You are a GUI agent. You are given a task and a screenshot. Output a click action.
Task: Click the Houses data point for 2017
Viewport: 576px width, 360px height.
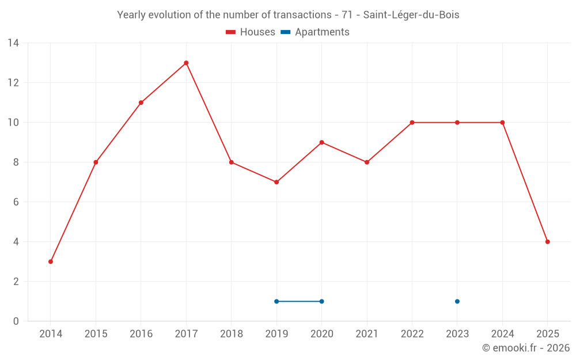coord(186,63)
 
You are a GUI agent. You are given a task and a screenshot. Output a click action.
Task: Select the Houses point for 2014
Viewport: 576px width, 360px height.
coord(51,262)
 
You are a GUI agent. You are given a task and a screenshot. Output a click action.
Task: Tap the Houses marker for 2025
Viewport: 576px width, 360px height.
coord(547,242)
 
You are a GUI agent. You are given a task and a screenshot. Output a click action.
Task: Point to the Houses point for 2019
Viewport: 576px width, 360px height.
coord(276,182)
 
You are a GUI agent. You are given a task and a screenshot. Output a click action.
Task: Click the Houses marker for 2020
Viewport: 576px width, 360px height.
coord(321,142)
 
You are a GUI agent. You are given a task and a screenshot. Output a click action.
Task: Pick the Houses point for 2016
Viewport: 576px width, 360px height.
coord(141,103)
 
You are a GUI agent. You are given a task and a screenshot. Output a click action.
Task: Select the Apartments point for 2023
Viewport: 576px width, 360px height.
coord(457,301)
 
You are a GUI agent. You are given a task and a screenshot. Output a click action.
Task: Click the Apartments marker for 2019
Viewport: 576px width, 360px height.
coord(276,301)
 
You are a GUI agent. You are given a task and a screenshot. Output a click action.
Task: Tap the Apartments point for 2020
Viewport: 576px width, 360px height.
coord(321,301)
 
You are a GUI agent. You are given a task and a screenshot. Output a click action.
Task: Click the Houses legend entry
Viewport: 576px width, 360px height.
coord(251,32)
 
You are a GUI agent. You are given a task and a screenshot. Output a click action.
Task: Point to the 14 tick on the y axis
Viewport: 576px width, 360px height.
coord(13,43)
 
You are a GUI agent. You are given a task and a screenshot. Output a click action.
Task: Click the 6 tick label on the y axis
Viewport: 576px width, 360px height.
coord(16,202)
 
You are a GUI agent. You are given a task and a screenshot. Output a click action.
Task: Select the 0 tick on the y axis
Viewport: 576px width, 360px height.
coord(16,321)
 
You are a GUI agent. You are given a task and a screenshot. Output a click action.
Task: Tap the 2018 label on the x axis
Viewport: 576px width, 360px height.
coord(231,334)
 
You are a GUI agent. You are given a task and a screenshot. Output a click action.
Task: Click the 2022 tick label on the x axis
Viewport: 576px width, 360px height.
coord(412,334)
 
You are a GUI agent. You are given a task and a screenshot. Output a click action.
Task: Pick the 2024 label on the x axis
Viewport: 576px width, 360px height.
coord(502,334)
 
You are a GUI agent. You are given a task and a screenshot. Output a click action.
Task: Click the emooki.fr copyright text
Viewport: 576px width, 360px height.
coord(525,348)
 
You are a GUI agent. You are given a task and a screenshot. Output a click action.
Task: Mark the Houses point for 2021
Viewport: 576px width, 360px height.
coord(367,162)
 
